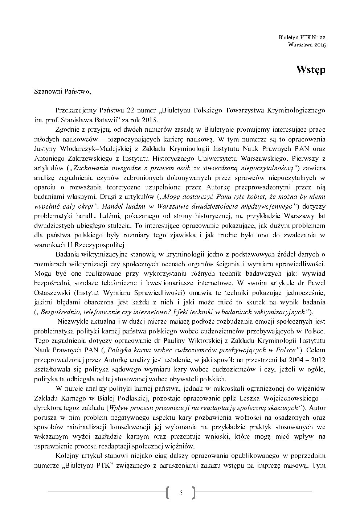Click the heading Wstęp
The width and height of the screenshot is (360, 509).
point(310,70)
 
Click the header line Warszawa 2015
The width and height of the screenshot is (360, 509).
point(307,45)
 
